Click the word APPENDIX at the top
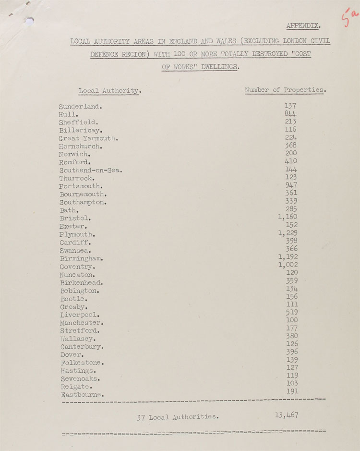[304, 25]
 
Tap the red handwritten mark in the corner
[349, 18]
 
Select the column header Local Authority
[109, 91]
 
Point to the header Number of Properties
[285, 90]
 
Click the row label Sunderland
[80, 106]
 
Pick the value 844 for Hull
[290, 114]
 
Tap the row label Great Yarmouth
[88, 138]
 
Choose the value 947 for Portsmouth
[291, 185]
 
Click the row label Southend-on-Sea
[91, 170]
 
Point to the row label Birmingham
[82, 258]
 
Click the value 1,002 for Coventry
[288, 265]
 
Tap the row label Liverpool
[80, 315]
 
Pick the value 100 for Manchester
[291, 320]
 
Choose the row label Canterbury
[82, 346]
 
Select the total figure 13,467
[287, 415]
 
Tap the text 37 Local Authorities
[178, 417]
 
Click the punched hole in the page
[30, 21]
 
